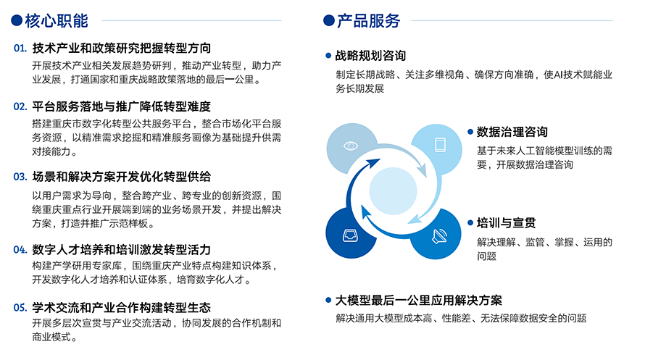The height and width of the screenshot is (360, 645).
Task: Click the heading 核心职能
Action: tap(57, 20)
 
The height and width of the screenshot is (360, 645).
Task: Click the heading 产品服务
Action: tap(369, 20)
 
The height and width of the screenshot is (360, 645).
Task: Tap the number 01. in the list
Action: tap(20, 49)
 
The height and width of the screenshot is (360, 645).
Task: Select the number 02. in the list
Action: tap(20, 107)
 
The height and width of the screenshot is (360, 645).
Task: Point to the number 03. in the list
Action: tap(20, 177)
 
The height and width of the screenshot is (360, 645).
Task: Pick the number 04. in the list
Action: tap(20, 250)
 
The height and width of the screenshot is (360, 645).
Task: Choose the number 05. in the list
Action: tap(20, 308)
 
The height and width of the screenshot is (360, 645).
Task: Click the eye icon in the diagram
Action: tap(351, 146)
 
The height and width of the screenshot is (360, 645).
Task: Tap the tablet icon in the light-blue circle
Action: tap(440, 145)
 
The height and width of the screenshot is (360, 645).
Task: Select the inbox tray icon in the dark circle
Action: tap(350, 235)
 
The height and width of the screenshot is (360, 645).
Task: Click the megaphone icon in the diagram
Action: tap(439, 236)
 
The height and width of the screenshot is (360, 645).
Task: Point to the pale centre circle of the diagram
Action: tap(394, 191)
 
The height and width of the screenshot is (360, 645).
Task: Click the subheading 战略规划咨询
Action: tap(370, 56)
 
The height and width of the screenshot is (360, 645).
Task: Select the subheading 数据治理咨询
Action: tap(512, 132)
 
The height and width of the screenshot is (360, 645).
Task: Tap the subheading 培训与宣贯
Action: tap(507, 223)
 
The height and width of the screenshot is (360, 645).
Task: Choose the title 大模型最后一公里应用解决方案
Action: tap(419, 301)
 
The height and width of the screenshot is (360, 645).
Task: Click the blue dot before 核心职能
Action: tap(17, 20)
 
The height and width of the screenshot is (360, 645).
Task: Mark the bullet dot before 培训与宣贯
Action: tap(470, 223)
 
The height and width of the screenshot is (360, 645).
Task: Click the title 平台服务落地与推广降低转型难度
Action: tap(122, 107)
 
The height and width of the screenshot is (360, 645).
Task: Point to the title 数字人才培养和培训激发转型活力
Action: tap(122, 250)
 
